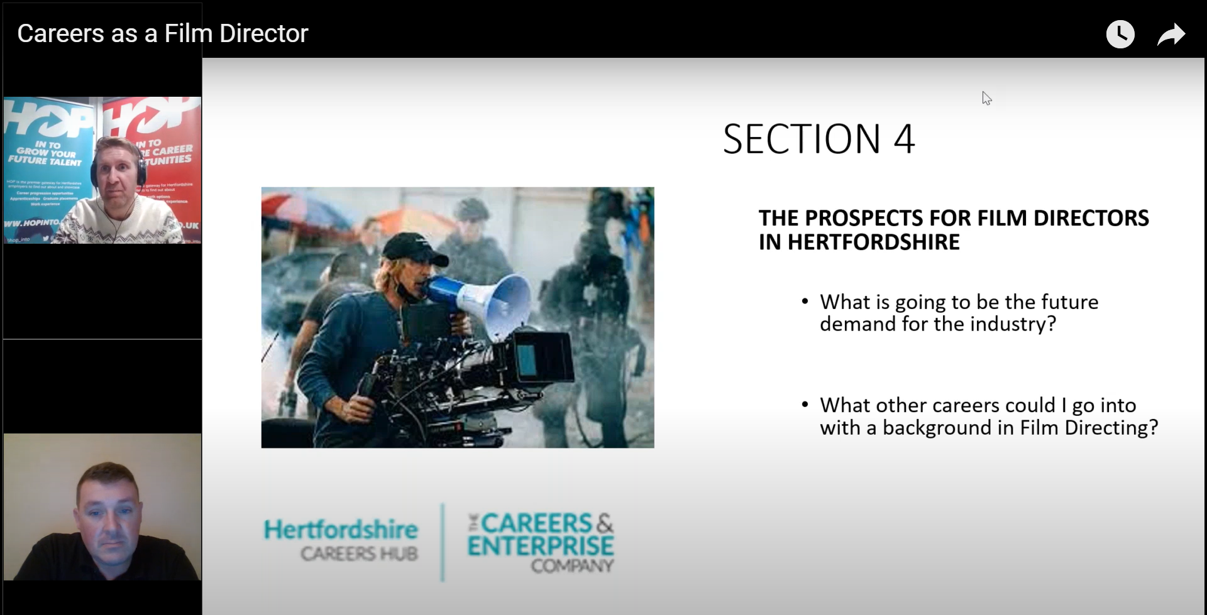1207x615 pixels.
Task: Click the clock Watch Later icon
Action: (1120, 34)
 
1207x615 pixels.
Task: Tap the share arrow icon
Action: (1171, 35)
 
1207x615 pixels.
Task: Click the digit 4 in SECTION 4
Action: (903, 139)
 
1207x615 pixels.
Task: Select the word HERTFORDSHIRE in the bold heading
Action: (874, 242)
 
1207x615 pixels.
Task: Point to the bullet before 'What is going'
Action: (805, 302)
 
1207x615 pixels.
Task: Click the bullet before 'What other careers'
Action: (805, 405)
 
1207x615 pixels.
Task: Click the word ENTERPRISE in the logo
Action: (541, 546)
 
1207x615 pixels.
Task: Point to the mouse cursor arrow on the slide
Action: (986, 97)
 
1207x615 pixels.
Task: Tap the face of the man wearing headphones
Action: (116, 173)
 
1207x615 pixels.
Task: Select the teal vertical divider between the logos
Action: (443, 542)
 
